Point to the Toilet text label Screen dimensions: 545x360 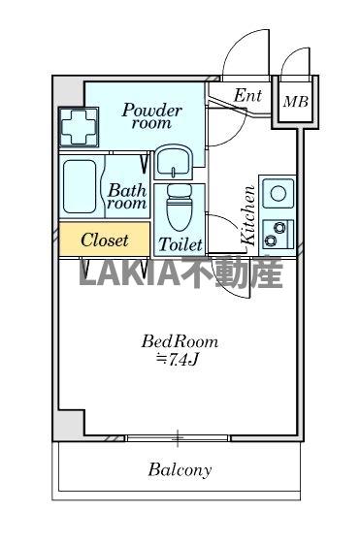pos(180,242)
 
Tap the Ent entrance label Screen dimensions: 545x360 pos(248,96)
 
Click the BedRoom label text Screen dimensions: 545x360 pos(180,341)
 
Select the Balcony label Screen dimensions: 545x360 pos(180,470)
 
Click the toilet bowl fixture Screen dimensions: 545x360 pos(180,206)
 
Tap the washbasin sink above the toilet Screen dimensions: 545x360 pos(176,160)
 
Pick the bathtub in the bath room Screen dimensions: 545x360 pos(82,188)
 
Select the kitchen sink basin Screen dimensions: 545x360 pos(278,192)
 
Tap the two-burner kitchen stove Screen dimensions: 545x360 pos(278,233)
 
